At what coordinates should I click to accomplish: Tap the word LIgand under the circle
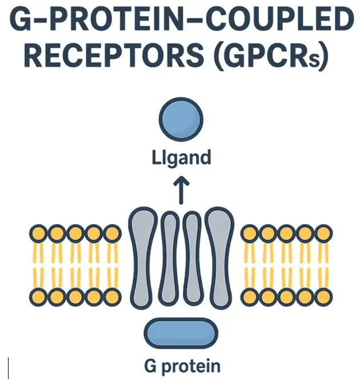pyautogui.click(x=180, y=158)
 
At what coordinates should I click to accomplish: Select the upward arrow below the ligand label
pyautogui.click(x=181, y=191)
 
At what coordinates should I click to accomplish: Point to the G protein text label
pyautogui.click(x=181, y=365)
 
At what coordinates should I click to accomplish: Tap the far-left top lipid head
pyautogui.click(x=38, y=233)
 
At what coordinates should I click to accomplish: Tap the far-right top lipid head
pyautogui.click(x=323, y=233)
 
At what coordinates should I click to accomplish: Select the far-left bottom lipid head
pyautogui.click(x=38, y=297)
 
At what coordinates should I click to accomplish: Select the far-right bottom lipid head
pyautogui.click(x=323, y=297)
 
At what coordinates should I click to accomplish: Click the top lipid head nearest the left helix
pyautogui.click(x=113, y=233)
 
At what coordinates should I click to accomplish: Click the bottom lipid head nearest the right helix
pyautogui.click(x=250, y=297)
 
